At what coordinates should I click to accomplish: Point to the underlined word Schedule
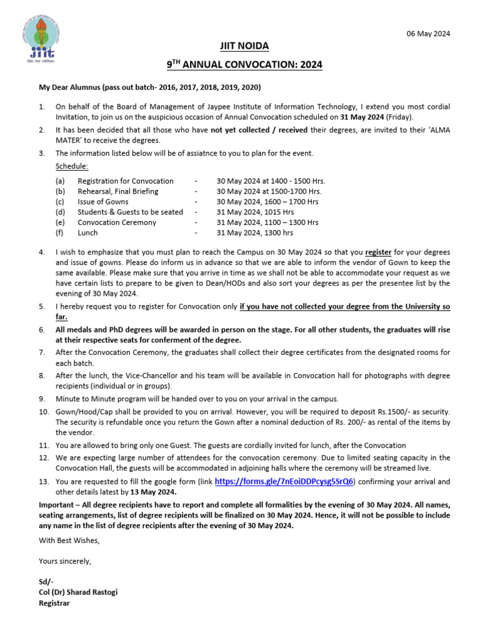(x=72, y=167)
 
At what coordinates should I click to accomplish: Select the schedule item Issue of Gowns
(x=103, y=202)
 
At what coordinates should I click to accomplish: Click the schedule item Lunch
(x=87, y=232)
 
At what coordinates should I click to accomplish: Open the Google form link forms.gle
(x=284, y=481)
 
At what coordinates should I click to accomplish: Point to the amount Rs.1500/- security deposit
(x=391, y=412)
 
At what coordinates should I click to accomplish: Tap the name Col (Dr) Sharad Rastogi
(x=78, y=592)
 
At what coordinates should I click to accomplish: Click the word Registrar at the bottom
(x=54, y=603)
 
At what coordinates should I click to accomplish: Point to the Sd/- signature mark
(x=45, y=582)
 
